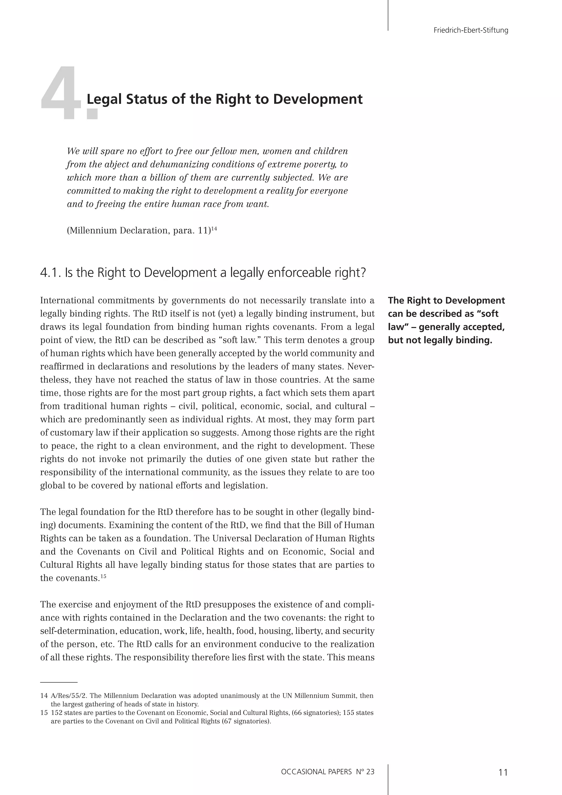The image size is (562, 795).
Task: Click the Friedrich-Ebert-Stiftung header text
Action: pyautogui.click(x=471, y=30)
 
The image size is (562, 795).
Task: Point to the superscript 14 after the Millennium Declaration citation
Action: pyautogui.click(x=214, y=228)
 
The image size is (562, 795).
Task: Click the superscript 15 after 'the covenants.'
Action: pyautogui.click(x=103, y=576)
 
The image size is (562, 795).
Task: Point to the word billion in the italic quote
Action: pyautogui.click(x=164, y=178)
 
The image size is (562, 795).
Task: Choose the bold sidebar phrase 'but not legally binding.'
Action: pyautogui.click(x=440, y=340)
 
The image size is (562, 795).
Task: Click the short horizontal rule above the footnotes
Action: pyautogui.click(x=59, y=682)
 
